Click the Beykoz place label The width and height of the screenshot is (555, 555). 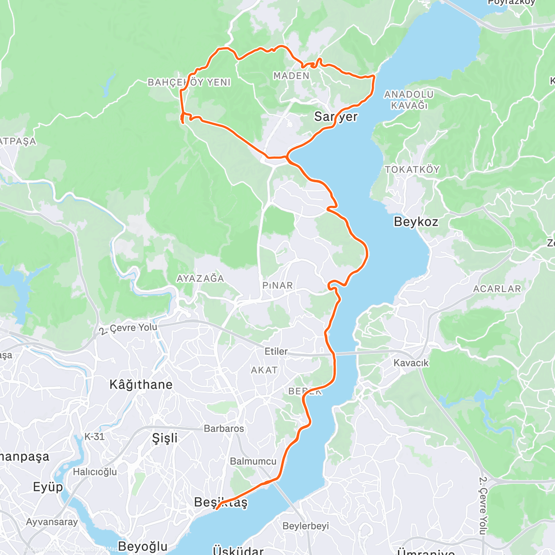pyautogui.click(x=416, y=222)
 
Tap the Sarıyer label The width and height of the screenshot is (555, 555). pyautogui.click(x=336, y=117)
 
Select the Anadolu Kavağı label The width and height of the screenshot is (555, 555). pyautogui.click(x=409, y=99)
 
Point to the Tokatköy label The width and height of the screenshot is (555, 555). pyautogui.click(x=412, y=169)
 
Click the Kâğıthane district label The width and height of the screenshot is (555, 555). pyautogui.click(x=141, y=384)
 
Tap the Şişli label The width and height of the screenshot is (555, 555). pyautogui.click(x=165, y=438)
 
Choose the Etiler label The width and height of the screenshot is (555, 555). pyautogui.click(x=276, y=351)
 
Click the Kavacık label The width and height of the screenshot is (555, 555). pyautogui.click(x=411, y=363)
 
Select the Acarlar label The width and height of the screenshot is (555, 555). pyautogui.click(x=497, y=289)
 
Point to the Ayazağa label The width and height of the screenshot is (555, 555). pyautogui.click(x=200, y=278)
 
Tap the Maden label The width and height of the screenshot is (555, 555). pyautogui.click(x=291, y=75)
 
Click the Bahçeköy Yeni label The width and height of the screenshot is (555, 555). pyautogui.click(x=189, y=82)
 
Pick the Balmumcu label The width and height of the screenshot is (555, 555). pyautogui.click(x=253, y=461)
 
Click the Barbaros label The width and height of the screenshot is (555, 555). pyautogui.click(x=224, y=429)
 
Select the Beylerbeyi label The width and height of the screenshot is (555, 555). pyautogui.click(x=306, y=526)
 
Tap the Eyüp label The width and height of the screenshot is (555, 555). pyautogui.click(x=48, y=487)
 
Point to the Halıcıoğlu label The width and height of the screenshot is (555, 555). pyautogui.click(x=95, y=472)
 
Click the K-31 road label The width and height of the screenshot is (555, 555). pyautogui.click(x=94, y=437)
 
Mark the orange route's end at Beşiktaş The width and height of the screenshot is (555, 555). pyautogui.click(x=216, y=510)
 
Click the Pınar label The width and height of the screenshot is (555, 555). pyautogui.click(x=277, y=285)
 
